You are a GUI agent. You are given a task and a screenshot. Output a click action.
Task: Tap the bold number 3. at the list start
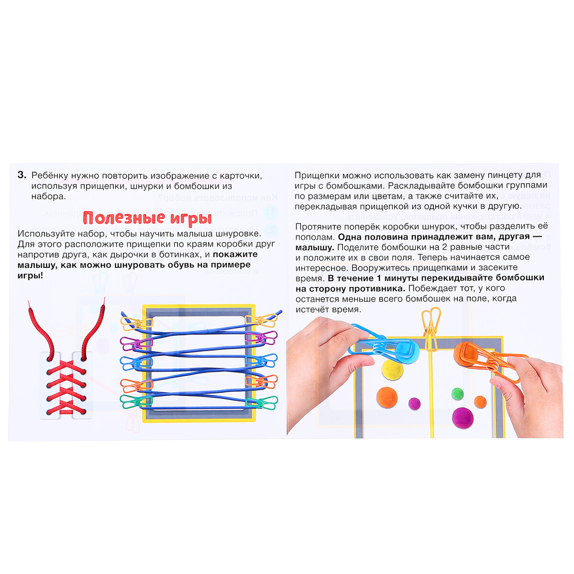22,175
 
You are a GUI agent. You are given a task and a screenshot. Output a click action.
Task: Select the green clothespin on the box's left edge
136,402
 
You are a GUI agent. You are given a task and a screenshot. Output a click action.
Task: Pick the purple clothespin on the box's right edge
261,338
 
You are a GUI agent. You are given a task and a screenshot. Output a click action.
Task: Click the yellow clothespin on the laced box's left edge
137,323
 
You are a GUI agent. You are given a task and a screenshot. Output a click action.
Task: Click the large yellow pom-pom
392,370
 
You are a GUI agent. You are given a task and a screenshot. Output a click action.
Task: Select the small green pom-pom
458,394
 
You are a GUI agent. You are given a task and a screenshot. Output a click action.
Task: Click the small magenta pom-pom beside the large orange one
414,404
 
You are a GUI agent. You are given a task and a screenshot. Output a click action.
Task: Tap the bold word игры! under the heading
31,276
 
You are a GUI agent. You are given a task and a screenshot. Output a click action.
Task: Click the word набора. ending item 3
49,197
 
